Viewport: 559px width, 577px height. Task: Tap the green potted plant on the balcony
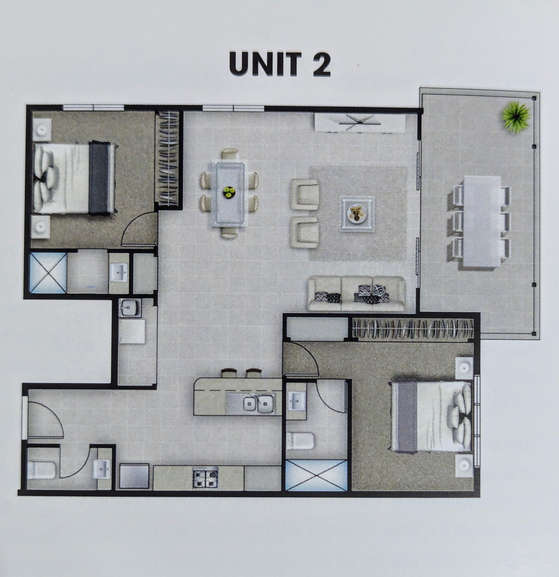[516, 117]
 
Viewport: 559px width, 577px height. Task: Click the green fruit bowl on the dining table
[229, 193]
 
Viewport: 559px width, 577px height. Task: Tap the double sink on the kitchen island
[259, 404]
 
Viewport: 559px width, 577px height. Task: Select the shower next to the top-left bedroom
[48, 273]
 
